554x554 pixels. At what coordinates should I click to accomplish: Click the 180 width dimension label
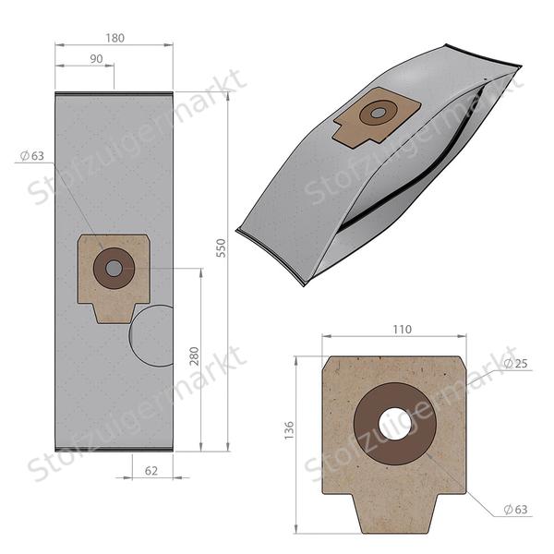click(114, 38)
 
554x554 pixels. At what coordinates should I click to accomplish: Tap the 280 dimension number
click(194, 356)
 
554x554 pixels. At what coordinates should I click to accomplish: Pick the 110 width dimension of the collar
click(402, 329)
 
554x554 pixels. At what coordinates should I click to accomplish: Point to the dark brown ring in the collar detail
click(369, 425)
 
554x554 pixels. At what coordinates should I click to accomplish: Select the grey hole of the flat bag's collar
click(114, 269)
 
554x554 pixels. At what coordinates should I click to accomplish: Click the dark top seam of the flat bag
click(114, 93)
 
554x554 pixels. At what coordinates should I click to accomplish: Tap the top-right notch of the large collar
click(458, 367)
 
